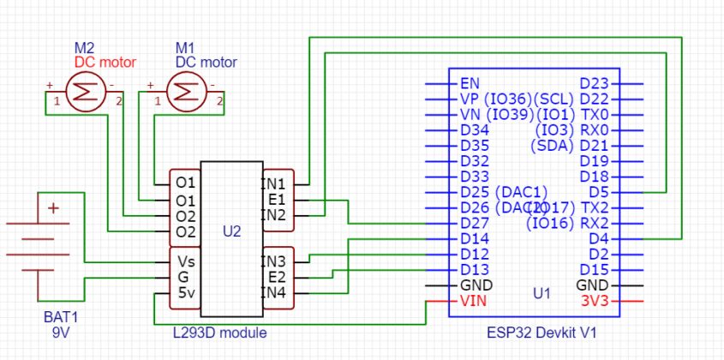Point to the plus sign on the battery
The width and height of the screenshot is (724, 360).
54,208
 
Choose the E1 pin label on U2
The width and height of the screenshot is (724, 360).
277,199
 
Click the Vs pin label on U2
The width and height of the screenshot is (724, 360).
186,261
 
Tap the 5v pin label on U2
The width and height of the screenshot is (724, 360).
186,293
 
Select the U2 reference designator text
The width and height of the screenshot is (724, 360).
231,231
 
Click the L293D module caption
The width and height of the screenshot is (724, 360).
222,333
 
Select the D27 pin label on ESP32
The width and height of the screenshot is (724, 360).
475,223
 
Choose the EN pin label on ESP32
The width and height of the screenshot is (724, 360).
470,84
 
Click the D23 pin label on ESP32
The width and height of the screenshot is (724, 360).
594,84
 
